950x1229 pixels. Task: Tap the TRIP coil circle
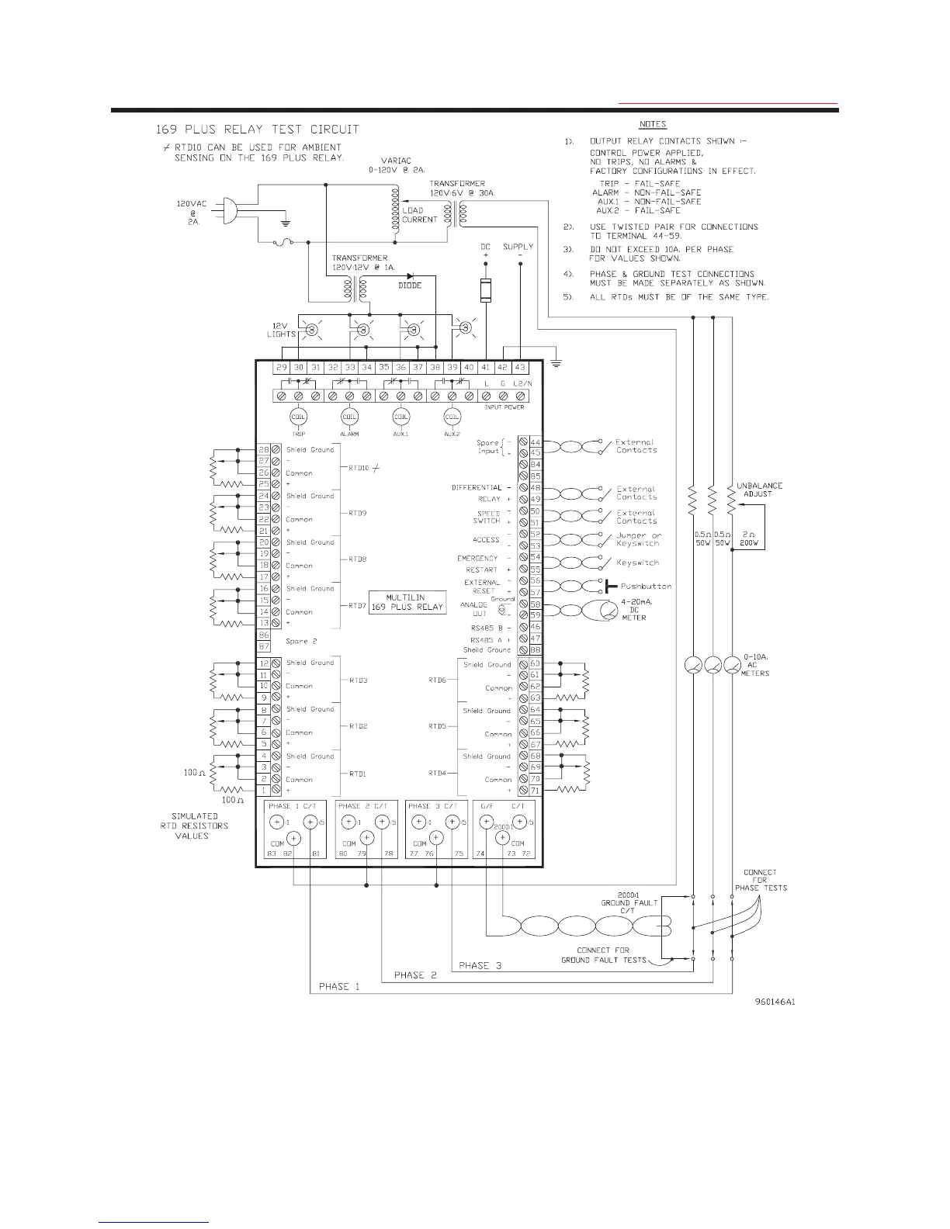point(298,417)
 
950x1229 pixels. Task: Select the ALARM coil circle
point(349,417)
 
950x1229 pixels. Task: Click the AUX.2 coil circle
point(452,417)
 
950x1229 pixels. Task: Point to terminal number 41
point(486,367)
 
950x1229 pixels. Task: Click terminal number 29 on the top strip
point(282,367)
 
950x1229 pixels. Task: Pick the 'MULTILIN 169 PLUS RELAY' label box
point(407,602)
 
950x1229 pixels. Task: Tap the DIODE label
point(410,286)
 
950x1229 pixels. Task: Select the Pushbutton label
point(646,587)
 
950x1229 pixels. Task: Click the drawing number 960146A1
point(775,1002)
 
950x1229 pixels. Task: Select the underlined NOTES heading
point(653,124)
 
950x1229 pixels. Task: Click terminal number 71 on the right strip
point(535,791)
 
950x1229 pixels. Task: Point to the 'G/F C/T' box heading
point(505,806)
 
